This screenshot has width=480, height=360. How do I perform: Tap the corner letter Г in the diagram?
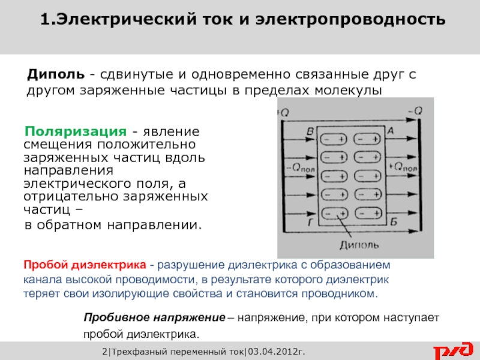pyautogui.click(x=310, y=223)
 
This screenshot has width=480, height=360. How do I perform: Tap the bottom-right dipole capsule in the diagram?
pyautogui.click(x=367, y=212)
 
